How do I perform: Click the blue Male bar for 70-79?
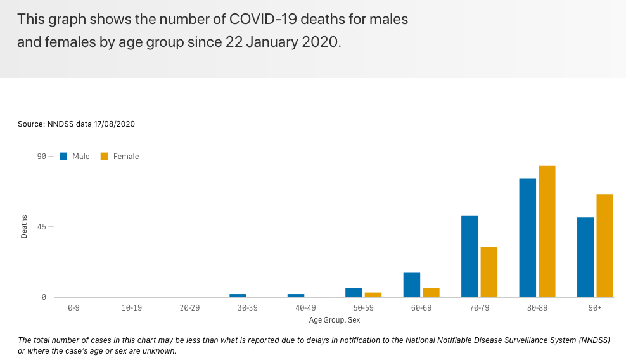(470, 257)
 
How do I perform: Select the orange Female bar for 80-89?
(547, 231)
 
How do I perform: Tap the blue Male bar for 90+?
(585, 257)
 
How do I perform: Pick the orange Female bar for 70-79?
(489, 272)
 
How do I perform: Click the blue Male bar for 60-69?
(412, 285)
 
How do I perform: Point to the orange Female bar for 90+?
(605, 245)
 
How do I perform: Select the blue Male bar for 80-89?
(528, 238)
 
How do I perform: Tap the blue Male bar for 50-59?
(354, 292)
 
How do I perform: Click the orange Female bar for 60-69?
(431, 292)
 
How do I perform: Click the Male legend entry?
(75, 157)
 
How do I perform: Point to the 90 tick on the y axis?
(41, 157)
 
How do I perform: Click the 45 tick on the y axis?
(41, 227)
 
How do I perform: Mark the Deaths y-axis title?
(25, 227)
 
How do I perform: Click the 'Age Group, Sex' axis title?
(335, 320)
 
